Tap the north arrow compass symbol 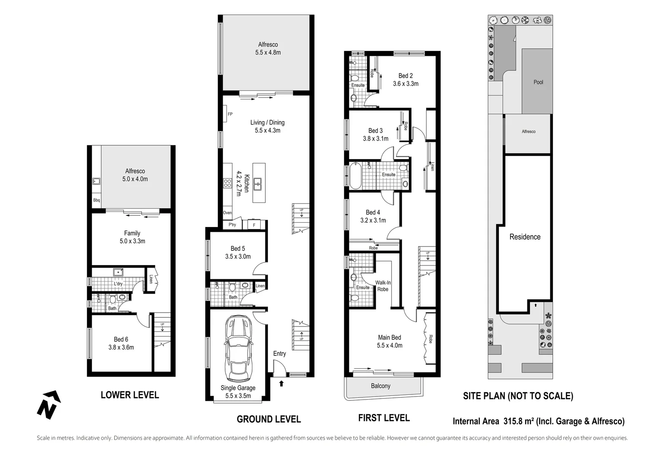tap(48, 404)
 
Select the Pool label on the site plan tap(538, 82)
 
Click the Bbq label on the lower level tap(96, 200)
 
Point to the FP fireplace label tap(230, 114)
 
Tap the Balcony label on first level tap(380, 386)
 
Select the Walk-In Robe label tap(383, 286)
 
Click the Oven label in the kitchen tap(227, 213)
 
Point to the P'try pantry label tap(232, 225)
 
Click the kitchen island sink tap(258, 183)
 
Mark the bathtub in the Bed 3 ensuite tap(355, 176)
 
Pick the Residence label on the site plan tap(525, 237)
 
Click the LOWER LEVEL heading tap(130, 395)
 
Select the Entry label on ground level tap(279, 354)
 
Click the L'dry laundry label tap(118, 284)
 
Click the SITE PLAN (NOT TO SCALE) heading tap(518, 396)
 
